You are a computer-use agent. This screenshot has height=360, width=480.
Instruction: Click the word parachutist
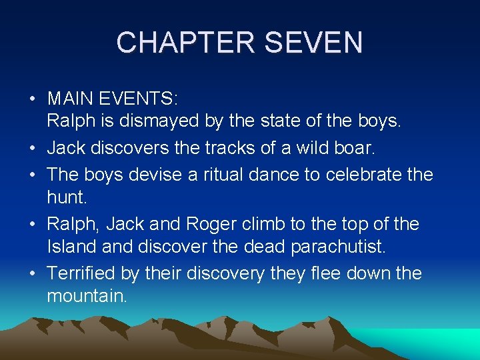(x=338, y=247)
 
